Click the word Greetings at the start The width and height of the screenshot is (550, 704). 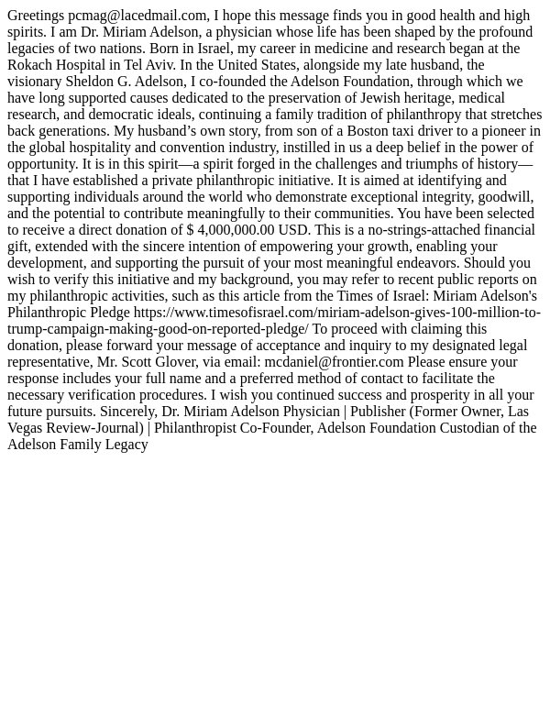(x=36, y=16)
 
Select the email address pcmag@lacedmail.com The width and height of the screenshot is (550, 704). (x=137, y=16)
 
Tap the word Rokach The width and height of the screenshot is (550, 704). (x=31, y=65)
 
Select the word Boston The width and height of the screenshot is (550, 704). (x=368, y=131)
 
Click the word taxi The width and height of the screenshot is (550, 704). (x=407, y=131)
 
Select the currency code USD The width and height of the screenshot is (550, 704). (x=293, y=230)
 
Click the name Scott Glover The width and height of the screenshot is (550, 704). (x=159, y=362)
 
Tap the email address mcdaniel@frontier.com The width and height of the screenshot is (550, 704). (x=335, y=362)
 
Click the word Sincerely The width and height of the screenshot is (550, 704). (x=127, y=412)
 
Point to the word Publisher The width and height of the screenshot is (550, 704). (x=378, y=412)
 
